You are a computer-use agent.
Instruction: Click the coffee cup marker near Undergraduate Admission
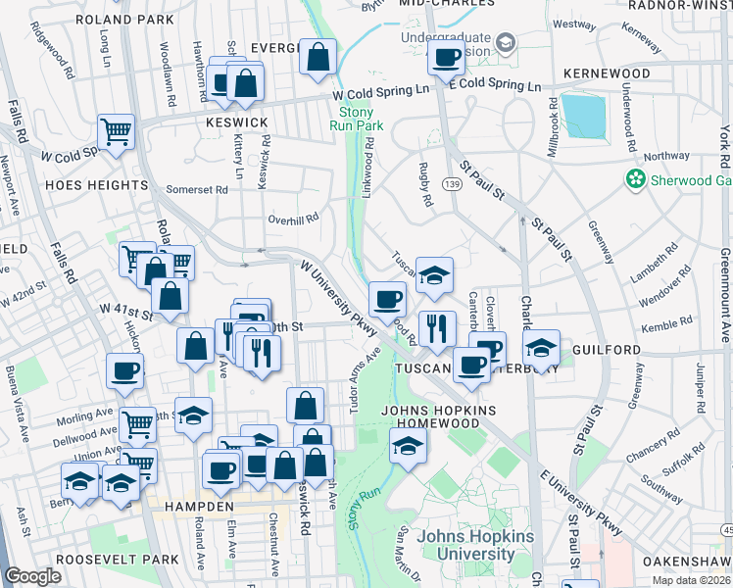pos(446,58)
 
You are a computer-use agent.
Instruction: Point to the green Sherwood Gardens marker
pos(636,179)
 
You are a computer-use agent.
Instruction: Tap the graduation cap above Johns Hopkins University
pos(408,446)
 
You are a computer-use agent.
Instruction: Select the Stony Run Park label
pos(355,119)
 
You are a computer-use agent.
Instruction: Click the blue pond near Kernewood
pos(585,117)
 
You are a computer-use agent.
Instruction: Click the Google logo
pos(33,576)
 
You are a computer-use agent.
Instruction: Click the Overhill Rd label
pos(294,220)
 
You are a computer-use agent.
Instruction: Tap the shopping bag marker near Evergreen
pos(318,57)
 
